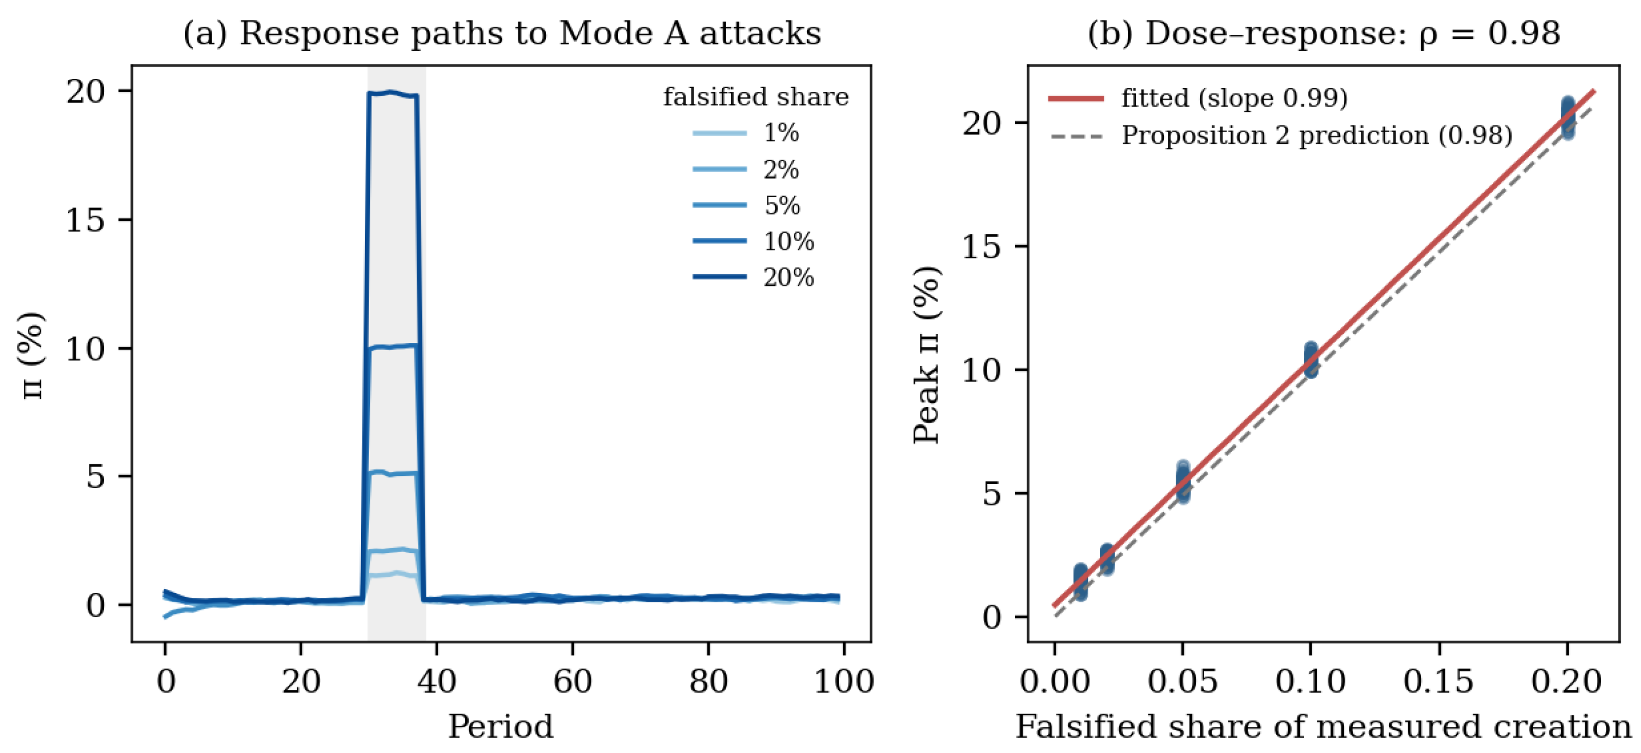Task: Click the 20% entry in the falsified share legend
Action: pyautogui.click(x=753, y=277)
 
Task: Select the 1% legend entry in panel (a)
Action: pyautogui.click(x=745, y=133)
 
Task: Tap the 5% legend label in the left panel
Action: pyautogui.click(x=782, y=205)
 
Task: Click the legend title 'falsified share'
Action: pyautogui.click(x=756, y=97)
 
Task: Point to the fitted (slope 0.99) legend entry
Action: pyautogui.click(x=1198, y=98)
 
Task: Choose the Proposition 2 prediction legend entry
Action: pyautogui.click(x=1281, y=135)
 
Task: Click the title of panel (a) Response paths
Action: pyautogui.click(x=502, y=33)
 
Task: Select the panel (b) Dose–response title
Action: pyautogui.click(x=1324, y=33)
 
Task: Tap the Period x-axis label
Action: pyautogui.click(x=501, y=726)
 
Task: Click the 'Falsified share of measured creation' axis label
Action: pyautogui.click(x=1323, y=726)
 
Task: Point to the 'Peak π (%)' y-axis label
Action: pyautogui.click(x=927, y=355)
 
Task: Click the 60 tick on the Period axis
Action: pyautogui.click(x=572, y=682)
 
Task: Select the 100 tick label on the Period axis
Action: pyautogui.click(x=844, y=682)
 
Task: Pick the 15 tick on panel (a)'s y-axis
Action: pyautogui.click(x=85, y=220)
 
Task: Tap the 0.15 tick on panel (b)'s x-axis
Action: pyautogui.click(x=1439, y=682)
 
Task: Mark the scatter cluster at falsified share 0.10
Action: pyautogui.click(x=1310, y=359)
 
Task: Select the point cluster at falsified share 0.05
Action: pyautogui.click(x=1183, y=482)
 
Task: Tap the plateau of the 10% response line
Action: pyautogui.click(x=392, y=347)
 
